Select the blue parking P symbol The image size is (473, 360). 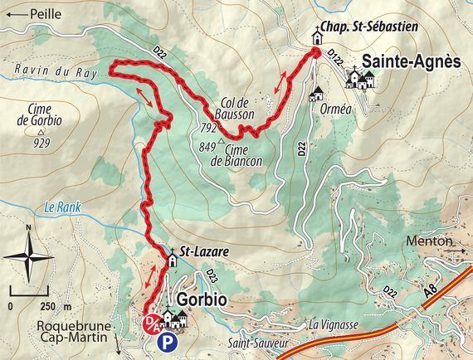(168, 341)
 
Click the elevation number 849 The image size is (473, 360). (207, 147)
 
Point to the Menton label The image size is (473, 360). (429, 241)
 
